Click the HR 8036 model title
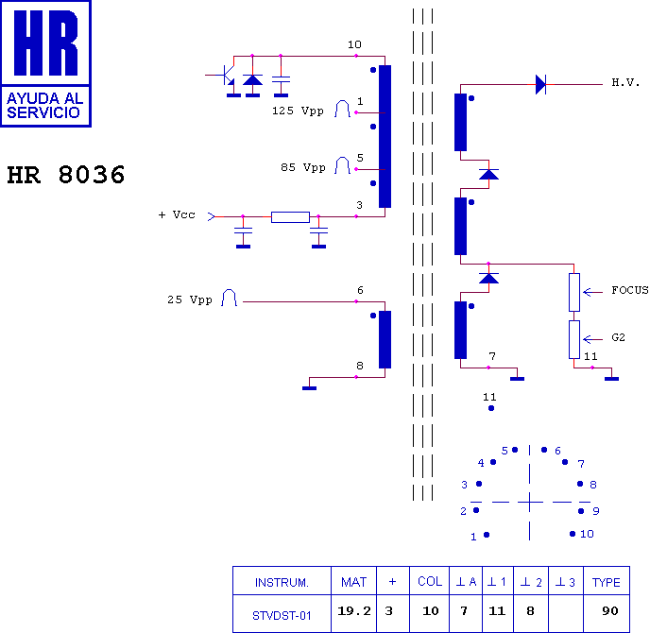point(66,175)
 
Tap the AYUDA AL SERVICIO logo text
point(44,106)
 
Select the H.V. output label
point(625,82)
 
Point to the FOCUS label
point(630,290)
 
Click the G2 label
point(618,337)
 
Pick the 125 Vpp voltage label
point(298,111)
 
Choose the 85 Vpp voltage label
point(303,167)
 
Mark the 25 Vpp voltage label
point(190,299)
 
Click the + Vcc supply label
point(177,214)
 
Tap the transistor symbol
point(227,76)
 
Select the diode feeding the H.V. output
point(540,85)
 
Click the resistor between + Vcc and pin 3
point(290,217)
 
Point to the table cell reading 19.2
point(353,610)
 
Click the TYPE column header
point(606,582)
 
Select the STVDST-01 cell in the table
point(282,616)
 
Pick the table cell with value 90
point(609,610)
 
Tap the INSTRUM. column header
point(282,583)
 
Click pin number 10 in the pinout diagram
point(587,534)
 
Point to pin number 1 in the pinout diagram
point(473,538)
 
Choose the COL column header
point(430,582)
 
